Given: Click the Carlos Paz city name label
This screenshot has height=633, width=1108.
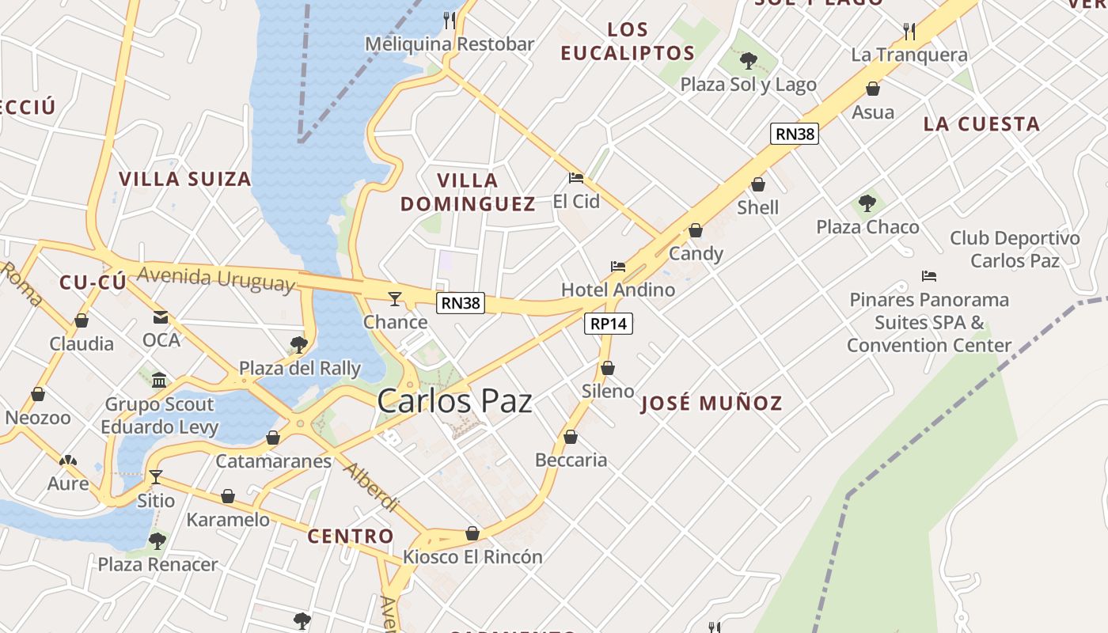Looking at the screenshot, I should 454,401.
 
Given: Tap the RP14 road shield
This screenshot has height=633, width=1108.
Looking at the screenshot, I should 609,324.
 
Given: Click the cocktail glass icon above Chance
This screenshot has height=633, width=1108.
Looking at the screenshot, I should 395,298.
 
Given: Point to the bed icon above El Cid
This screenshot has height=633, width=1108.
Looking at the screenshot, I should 576,178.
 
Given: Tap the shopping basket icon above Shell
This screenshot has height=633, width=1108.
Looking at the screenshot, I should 758,184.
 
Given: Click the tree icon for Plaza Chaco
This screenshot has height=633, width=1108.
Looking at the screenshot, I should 867,203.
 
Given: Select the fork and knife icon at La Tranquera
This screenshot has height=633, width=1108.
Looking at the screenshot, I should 909,32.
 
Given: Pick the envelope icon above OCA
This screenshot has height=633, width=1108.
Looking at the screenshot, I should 161,317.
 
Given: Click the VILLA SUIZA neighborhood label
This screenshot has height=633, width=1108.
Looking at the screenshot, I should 185,179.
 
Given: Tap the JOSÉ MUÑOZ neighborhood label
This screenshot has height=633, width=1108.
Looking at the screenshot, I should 711,404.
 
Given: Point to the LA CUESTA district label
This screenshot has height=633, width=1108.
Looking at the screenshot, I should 981,124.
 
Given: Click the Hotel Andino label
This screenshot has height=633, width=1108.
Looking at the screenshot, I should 618,290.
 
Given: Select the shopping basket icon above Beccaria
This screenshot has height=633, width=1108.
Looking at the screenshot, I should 571,437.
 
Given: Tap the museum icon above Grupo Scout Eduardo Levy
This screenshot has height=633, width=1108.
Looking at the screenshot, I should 160,381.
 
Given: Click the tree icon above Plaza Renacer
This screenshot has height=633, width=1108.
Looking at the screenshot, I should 157,541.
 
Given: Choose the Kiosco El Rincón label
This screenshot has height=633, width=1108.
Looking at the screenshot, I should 472,557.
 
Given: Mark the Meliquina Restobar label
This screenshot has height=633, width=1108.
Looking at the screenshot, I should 449,44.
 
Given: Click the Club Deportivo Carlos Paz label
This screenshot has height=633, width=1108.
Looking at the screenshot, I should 1015,249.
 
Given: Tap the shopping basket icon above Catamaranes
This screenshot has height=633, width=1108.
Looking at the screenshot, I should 273,438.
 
